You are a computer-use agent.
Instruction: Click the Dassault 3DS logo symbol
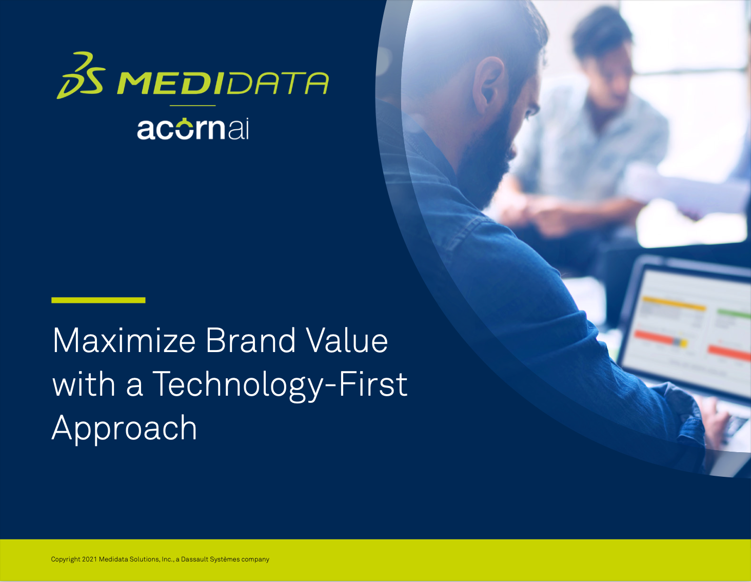click(81, 75)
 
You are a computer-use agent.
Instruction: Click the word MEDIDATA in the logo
click(223, 83)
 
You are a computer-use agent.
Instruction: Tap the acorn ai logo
click(193, 129)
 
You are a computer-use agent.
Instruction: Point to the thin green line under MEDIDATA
click(192, 105)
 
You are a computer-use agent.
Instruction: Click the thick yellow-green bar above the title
click(98, 300)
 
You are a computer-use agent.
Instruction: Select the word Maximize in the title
click(124, 340)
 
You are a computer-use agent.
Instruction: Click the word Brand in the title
click(250, 340)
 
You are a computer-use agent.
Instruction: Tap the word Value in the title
click(347, 340)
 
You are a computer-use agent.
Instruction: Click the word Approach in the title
click(125, 429)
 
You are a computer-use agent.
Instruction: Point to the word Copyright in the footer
click(66, 559)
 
